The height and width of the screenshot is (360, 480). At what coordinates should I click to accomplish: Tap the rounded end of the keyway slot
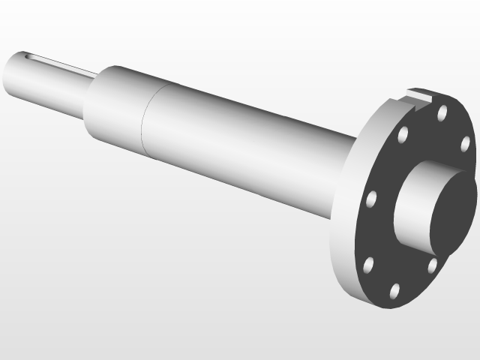28,55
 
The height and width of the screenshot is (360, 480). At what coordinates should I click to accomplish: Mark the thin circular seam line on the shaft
144,120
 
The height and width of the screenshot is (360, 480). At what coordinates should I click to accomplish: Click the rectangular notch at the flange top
420,95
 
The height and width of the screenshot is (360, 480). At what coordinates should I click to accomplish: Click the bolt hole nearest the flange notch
442,112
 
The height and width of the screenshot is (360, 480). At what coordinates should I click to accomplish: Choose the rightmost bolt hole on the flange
465,144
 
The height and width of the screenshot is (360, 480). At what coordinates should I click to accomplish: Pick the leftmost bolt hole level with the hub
370,199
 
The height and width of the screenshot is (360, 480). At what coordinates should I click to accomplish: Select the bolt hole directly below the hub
432,265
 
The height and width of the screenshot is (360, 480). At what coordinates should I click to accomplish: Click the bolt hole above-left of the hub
403,136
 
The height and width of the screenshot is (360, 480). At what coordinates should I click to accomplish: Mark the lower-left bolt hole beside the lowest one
368,265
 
